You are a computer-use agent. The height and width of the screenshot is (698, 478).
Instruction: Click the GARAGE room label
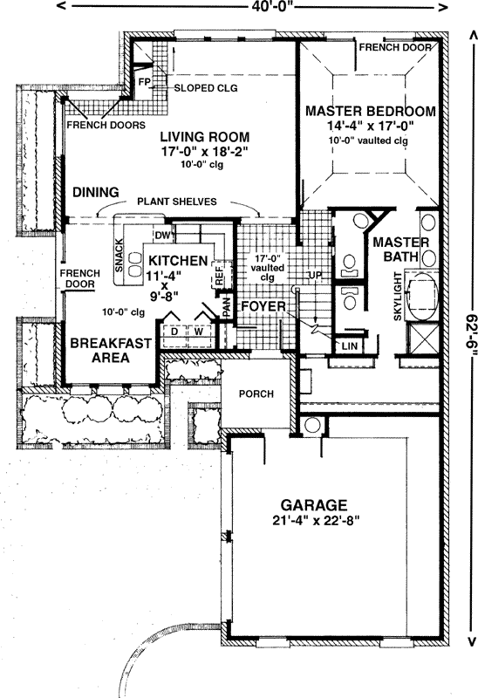click(314, 505)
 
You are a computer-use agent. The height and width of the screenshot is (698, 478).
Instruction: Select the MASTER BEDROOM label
click(370, 111)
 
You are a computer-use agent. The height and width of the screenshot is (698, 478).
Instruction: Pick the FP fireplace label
click(145, 83)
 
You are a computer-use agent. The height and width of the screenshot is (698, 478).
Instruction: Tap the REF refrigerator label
click(218, 276)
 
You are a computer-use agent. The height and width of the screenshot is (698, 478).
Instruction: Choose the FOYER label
click(260, 307)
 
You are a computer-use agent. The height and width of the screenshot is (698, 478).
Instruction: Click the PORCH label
click(256, 393)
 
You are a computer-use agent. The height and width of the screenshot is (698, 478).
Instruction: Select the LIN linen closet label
click(351, 346)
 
